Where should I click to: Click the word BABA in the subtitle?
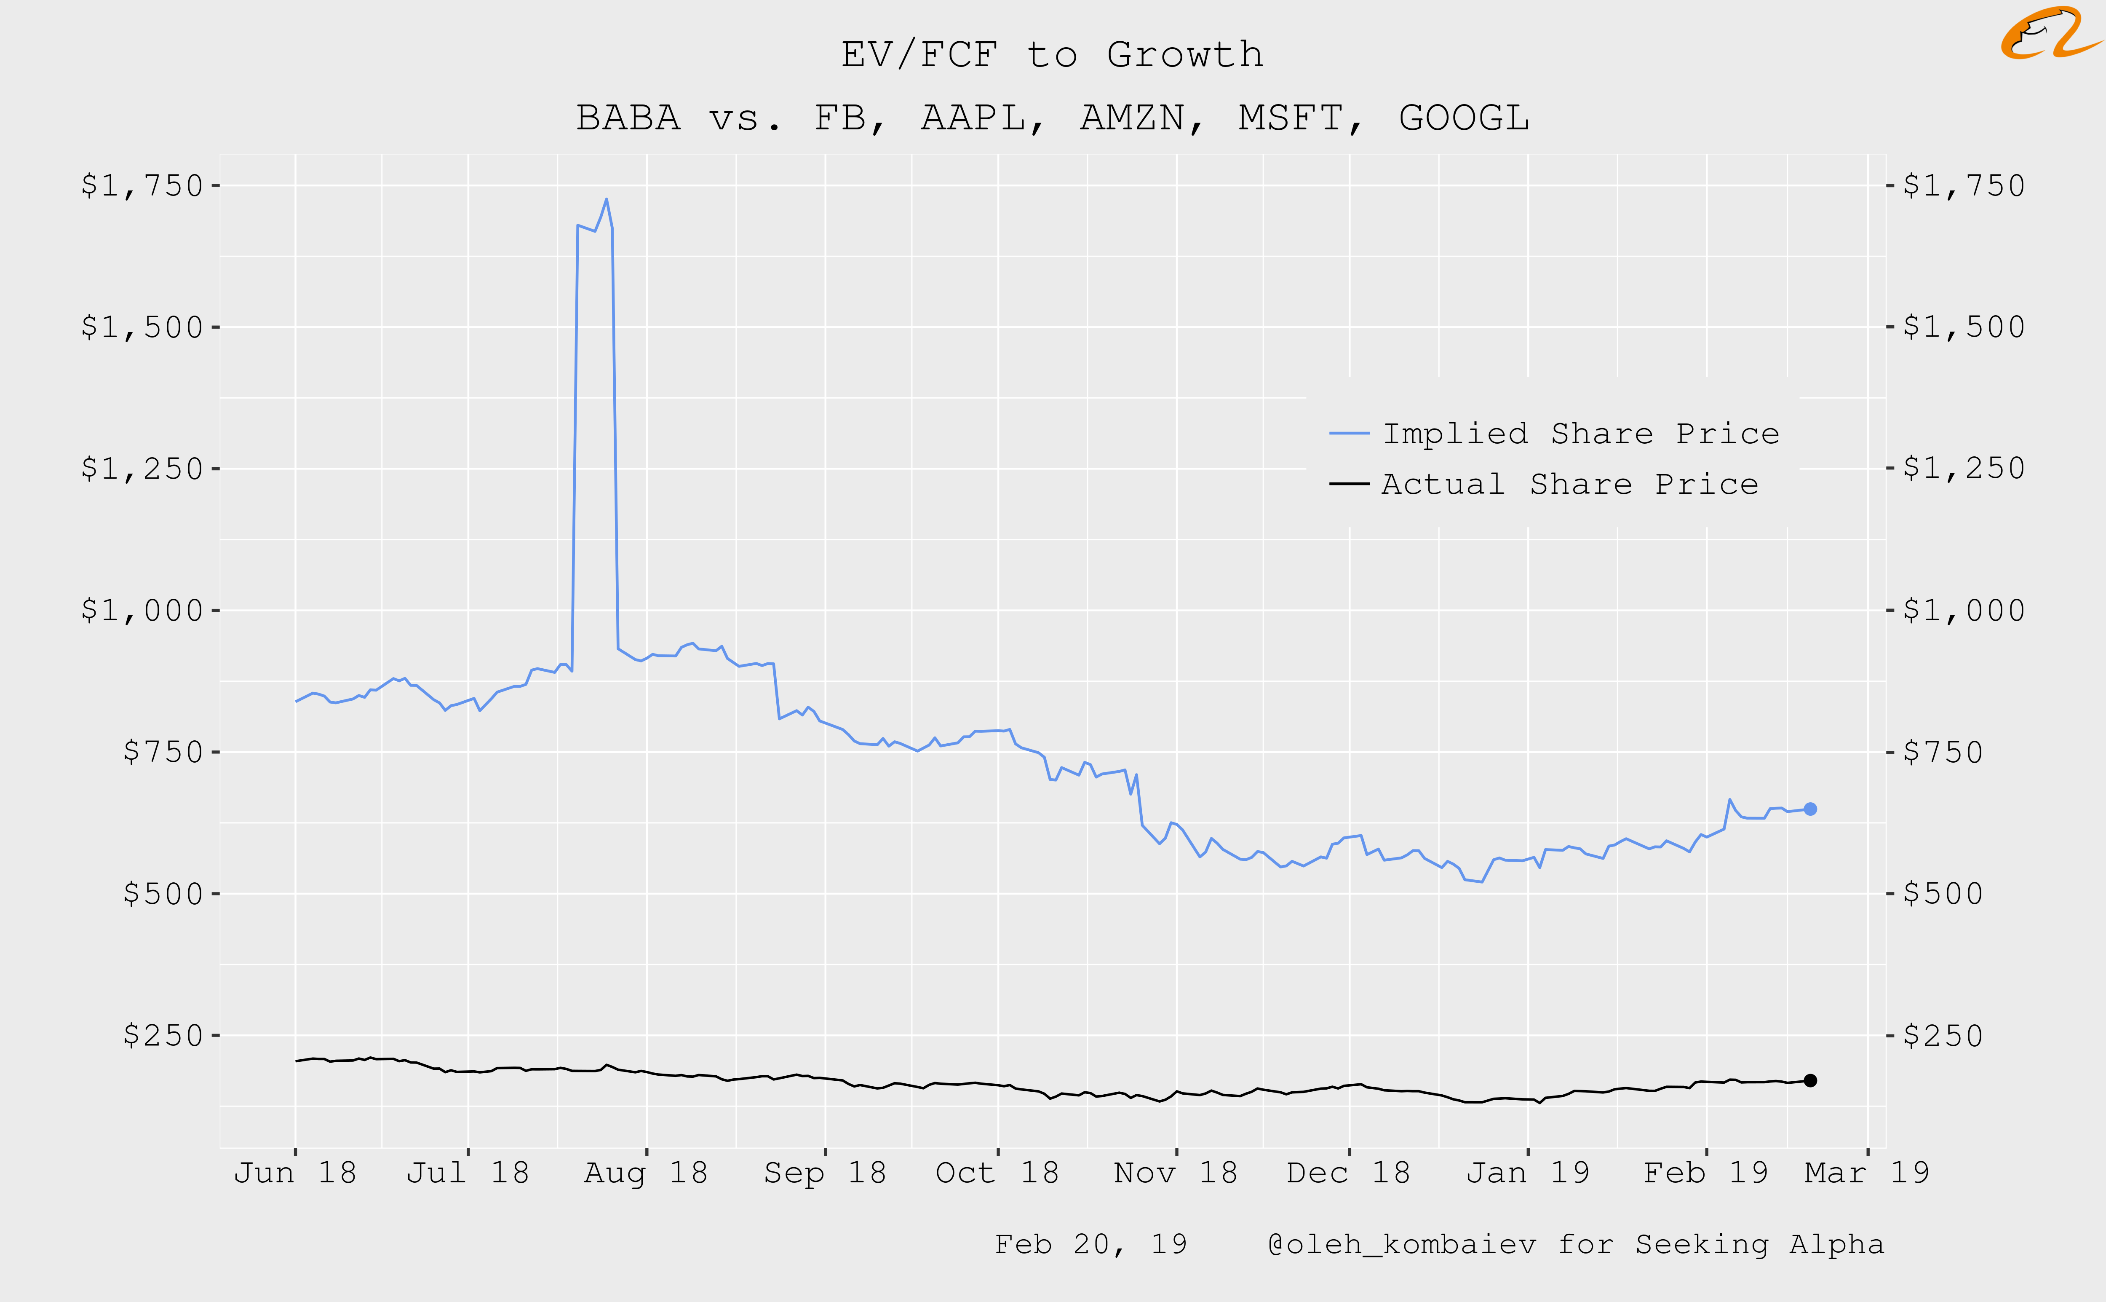(x=628, y=118)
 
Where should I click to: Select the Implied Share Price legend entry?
(x=1580, y=433)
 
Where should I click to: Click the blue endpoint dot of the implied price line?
(x=1810, y=809)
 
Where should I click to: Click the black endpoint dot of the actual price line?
(x=1810, y=1080)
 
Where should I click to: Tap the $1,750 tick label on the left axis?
(x=142, y=185)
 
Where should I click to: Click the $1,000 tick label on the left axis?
(x=142, y=611)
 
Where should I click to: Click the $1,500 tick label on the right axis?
(x=1963, y=327)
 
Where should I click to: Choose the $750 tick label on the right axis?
(x=1943, y=752)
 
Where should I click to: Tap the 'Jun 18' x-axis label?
(x=295, y=1173)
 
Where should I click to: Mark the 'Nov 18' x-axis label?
(x=1176, y=1173)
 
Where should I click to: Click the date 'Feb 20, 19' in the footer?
(x=1090, y=1244)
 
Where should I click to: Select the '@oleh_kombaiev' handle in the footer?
(x=1402, y=1244)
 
